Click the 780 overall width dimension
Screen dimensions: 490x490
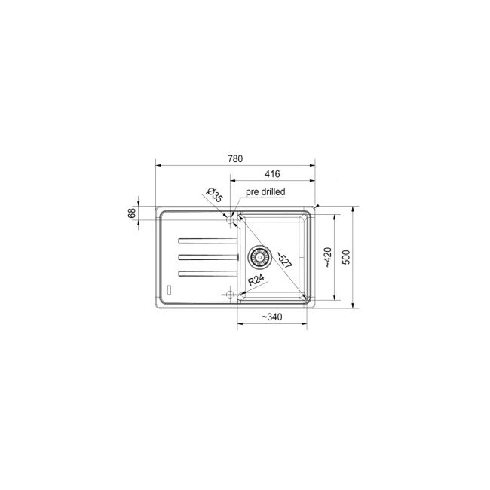point(234,158)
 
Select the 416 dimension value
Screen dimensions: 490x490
point(273,174)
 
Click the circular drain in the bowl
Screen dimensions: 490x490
point(259,257)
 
